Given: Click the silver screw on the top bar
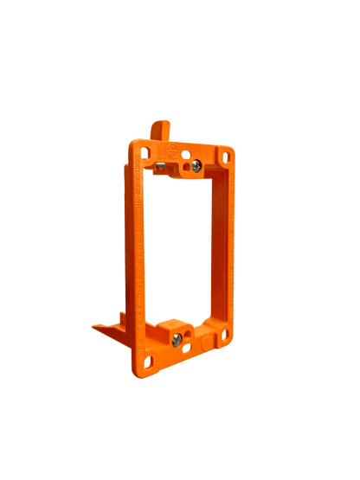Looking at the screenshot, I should click(x=196, y=164).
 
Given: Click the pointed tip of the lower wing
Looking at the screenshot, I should click(x=92, y=326).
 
